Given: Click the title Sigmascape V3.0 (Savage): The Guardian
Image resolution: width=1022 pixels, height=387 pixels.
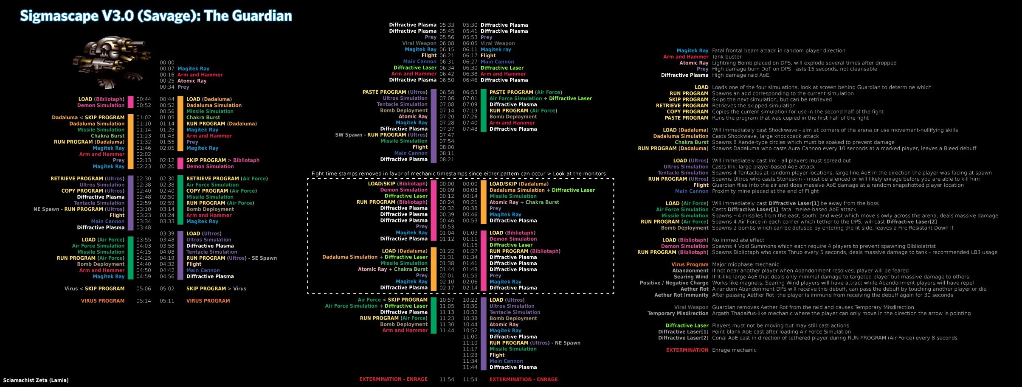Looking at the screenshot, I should point(156,16).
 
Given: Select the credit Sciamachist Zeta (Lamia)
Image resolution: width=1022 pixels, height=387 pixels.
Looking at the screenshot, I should point(36,380).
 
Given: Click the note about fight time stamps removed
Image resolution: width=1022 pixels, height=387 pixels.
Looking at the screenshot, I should point(459,174).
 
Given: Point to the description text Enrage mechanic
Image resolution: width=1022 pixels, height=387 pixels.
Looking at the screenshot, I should point(734,350).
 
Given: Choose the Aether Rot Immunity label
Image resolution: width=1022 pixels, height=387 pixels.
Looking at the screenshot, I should point(681,295).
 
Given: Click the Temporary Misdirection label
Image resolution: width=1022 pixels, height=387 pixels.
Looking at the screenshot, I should point(678,314).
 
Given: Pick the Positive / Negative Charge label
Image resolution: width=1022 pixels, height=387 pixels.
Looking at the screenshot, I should point(674,283).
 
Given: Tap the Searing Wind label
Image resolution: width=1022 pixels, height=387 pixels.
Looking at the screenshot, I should point(691,277).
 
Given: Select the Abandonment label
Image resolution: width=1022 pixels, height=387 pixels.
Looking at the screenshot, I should point(690,271).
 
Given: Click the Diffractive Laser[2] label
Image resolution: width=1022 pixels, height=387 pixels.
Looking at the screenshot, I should point(683,338).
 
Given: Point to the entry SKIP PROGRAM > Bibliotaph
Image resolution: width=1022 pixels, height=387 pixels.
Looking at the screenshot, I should point(222,160).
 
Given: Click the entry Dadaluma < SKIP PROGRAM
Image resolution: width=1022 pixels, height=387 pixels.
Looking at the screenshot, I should point(88,118).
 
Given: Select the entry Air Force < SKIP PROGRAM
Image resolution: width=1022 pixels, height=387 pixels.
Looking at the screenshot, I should point(392,300).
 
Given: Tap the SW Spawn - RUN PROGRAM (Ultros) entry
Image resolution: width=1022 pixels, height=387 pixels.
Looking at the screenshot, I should point(381,135).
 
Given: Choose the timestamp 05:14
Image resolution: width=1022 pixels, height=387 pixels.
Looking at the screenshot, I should point(144,301).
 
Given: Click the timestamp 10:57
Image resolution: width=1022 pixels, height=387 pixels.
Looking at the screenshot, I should point(447,300).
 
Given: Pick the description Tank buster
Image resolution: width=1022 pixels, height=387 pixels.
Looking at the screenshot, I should point(726,57).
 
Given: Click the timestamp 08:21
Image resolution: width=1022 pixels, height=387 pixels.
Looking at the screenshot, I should point(447,160).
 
